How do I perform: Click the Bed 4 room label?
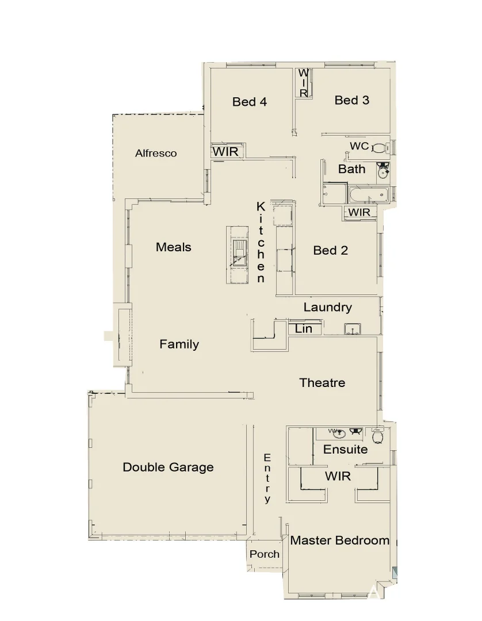[250, 102]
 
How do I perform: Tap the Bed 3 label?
[351, 100]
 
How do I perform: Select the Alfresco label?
[156, 154]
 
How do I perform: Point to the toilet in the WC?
[378, 147]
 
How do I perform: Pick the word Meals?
[173, 247]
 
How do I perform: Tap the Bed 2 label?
[330, 250]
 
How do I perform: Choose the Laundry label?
[327, 307]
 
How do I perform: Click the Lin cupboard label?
[304, 329]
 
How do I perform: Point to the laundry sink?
[352, 329]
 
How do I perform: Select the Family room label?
[179, 344]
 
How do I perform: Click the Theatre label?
[322, 382]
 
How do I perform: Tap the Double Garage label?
[168, 467]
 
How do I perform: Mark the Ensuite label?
[345, 449]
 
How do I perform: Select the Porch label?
[265, 554]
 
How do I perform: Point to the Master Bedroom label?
[339, 540]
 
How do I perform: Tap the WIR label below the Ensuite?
[338, 477]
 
